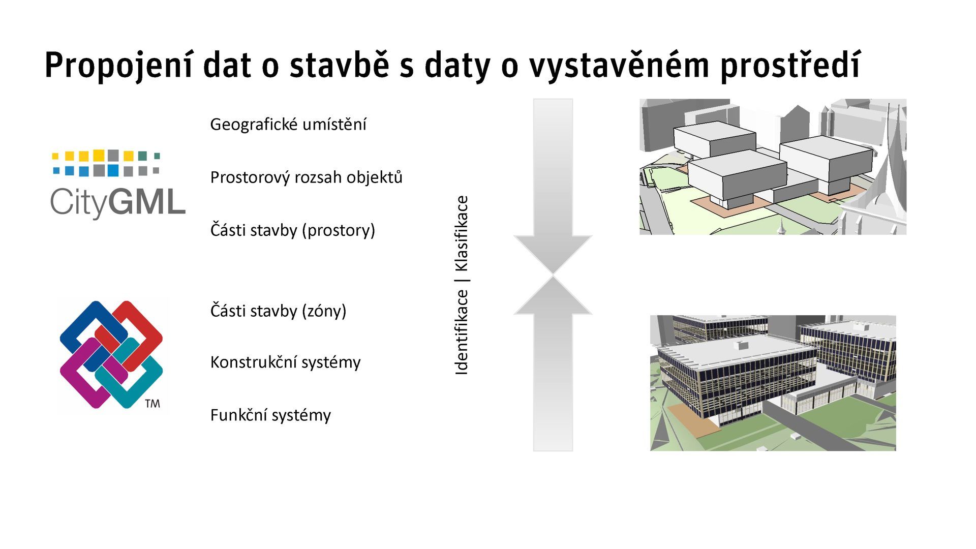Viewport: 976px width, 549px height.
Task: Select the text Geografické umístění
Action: (288, 125)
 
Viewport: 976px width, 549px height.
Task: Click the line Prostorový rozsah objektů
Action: (306, 177)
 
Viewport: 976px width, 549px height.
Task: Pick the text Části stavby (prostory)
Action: (292, 230)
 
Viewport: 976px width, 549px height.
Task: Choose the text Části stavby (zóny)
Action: (278, 311)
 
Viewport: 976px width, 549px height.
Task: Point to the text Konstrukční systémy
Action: (285, 362)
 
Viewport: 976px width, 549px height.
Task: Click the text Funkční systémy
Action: (270, 415)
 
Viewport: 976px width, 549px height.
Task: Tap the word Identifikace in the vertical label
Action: (461, 332)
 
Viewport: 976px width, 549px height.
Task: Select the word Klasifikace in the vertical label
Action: (461, 234)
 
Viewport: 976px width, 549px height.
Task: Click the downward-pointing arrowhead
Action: (553, 254)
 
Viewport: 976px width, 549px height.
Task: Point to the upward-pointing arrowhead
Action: (553, 297)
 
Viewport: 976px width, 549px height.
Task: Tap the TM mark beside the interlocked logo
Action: (152, 404)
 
